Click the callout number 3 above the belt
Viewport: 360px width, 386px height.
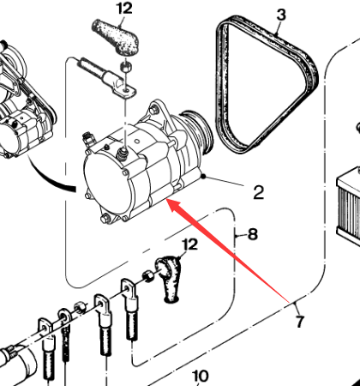281,15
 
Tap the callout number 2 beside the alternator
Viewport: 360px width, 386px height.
259,192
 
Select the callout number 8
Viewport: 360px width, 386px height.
253,234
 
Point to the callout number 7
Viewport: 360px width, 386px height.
299,322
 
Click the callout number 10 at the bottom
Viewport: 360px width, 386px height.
200,377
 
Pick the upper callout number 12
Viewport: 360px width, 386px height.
125,9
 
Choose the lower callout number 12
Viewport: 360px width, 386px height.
190,244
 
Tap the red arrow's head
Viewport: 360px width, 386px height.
173,204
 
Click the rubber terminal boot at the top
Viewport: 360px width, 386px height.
116,37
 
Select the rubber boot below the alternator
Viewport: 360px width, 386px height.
169,278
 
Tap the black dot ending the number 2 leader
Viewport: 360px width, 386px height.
203,177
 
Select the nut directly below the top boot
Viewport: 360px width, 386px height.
126,67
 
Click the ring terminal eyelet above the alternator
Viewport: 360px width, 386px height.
127,92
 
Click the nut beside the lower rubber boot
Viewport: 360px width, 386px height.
147,276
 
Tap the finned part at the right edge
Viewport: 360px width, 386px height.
349,206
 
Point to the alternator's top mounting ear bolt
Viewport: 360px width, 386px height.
154,109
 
